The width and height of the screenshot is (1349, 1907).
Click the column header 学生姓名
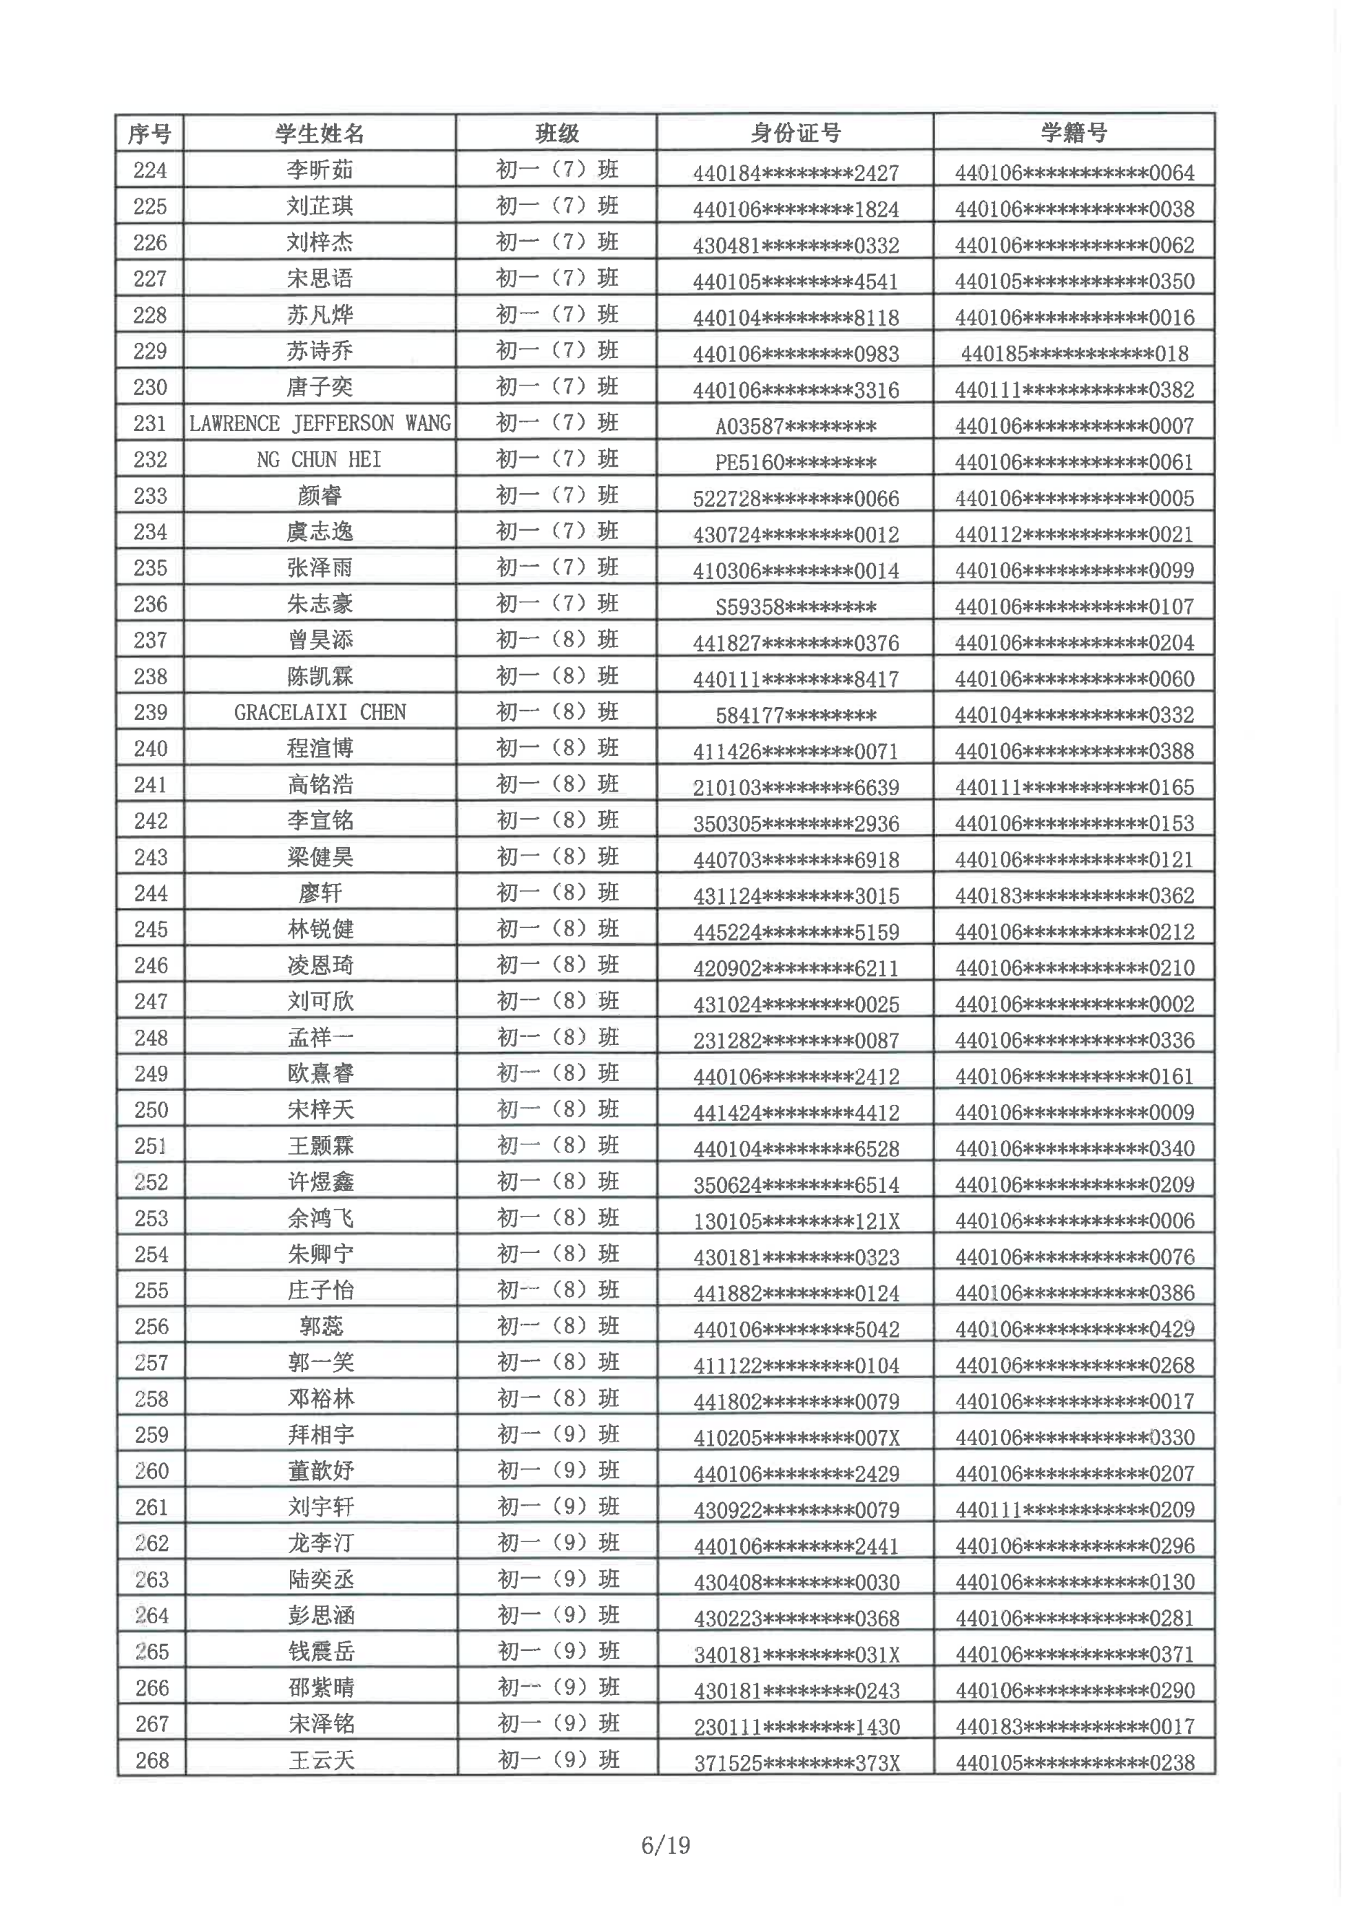(320, 133)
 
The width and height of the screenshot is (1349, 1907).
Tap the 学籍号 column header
(1074, 133)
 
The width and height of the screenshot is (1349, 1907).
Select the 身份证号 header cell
(795, 133)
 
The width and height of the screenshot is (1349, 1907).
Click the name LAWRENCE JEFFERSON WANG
(320, 423)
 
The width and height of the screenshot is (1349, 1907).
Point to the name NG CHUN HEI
(320, 459)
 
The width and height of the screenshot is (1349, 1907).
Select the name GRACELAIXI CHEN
(320, 713)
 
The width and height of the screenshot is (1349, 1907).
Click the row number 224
(150, 170)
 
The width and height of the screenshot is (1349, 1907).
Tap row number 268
(152, 1760)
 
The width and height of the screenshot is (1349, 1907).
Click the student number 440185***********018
(1074, 354)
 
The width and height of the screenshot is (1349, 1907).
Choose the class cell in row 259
(557, 1435)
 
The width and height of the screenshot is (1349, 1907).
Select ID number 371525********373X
(797, 1763)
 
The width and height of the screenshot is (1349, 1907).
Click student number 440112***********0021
(1074, 535)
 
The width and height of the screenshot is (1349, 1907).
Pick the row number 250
(151, 1110)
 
